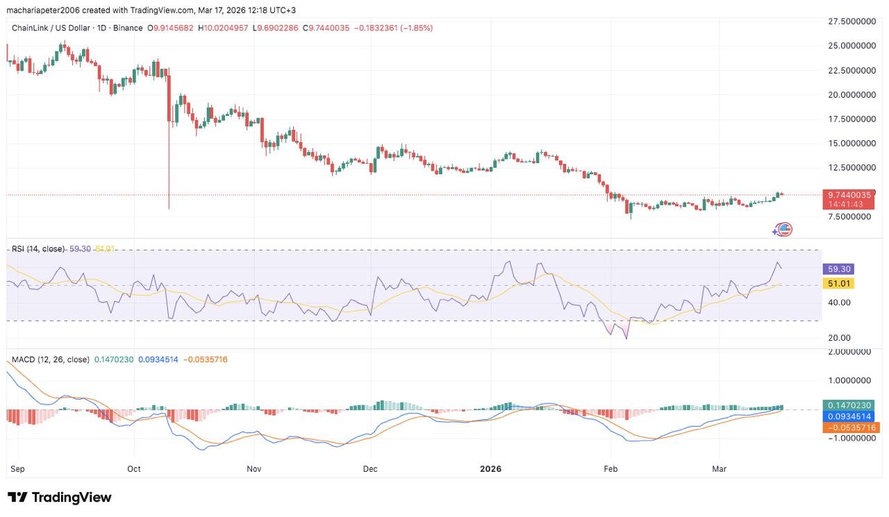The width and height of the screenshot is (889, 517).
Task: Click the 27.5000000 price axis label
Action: pos(851,22)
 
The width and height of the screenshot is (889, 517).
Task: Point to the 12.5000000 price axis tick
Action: pos(851,168)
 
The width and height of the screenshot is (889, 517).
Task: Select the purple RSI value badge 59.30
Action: pos(837,269)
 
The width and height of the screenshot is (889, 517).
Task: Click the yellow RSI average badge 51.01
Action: pos(837,283)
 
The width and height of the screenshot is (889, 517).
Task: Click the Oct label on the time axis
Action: pos(134,469)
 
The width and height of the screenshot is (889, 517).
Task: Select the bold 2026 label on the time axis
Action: pos(491,469)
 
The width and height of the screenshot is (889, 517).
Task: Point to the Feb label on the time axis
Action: pos(610,469)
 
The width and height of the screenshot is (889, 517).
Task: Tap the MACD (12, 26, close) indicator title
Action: pos(50,359)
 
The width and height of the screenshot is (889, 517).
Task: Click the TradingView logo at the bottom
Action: pos(60,498)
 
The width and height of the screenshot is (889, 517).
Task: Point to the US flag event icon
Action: pos(785,230)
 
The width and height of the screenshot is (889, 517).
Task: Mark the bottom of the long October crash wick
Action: pos(169,208)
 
